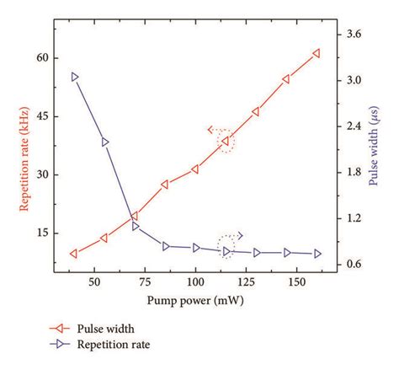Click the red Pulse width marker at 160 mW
click(x=317, y=53)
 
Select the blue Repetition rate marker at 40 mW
click(x=75, y=77)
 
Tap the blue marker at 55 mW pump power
click(x=105, y=142)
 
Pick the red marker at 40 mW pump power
click(x=75, y=254)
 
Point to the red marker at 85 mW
click(x=165, y=185)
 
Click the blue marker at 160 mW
click(x=317, y=254)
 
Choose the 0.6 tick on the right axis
click(x=355, y=265)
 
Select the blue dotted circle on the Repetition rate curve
click(x=226, y=248)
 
